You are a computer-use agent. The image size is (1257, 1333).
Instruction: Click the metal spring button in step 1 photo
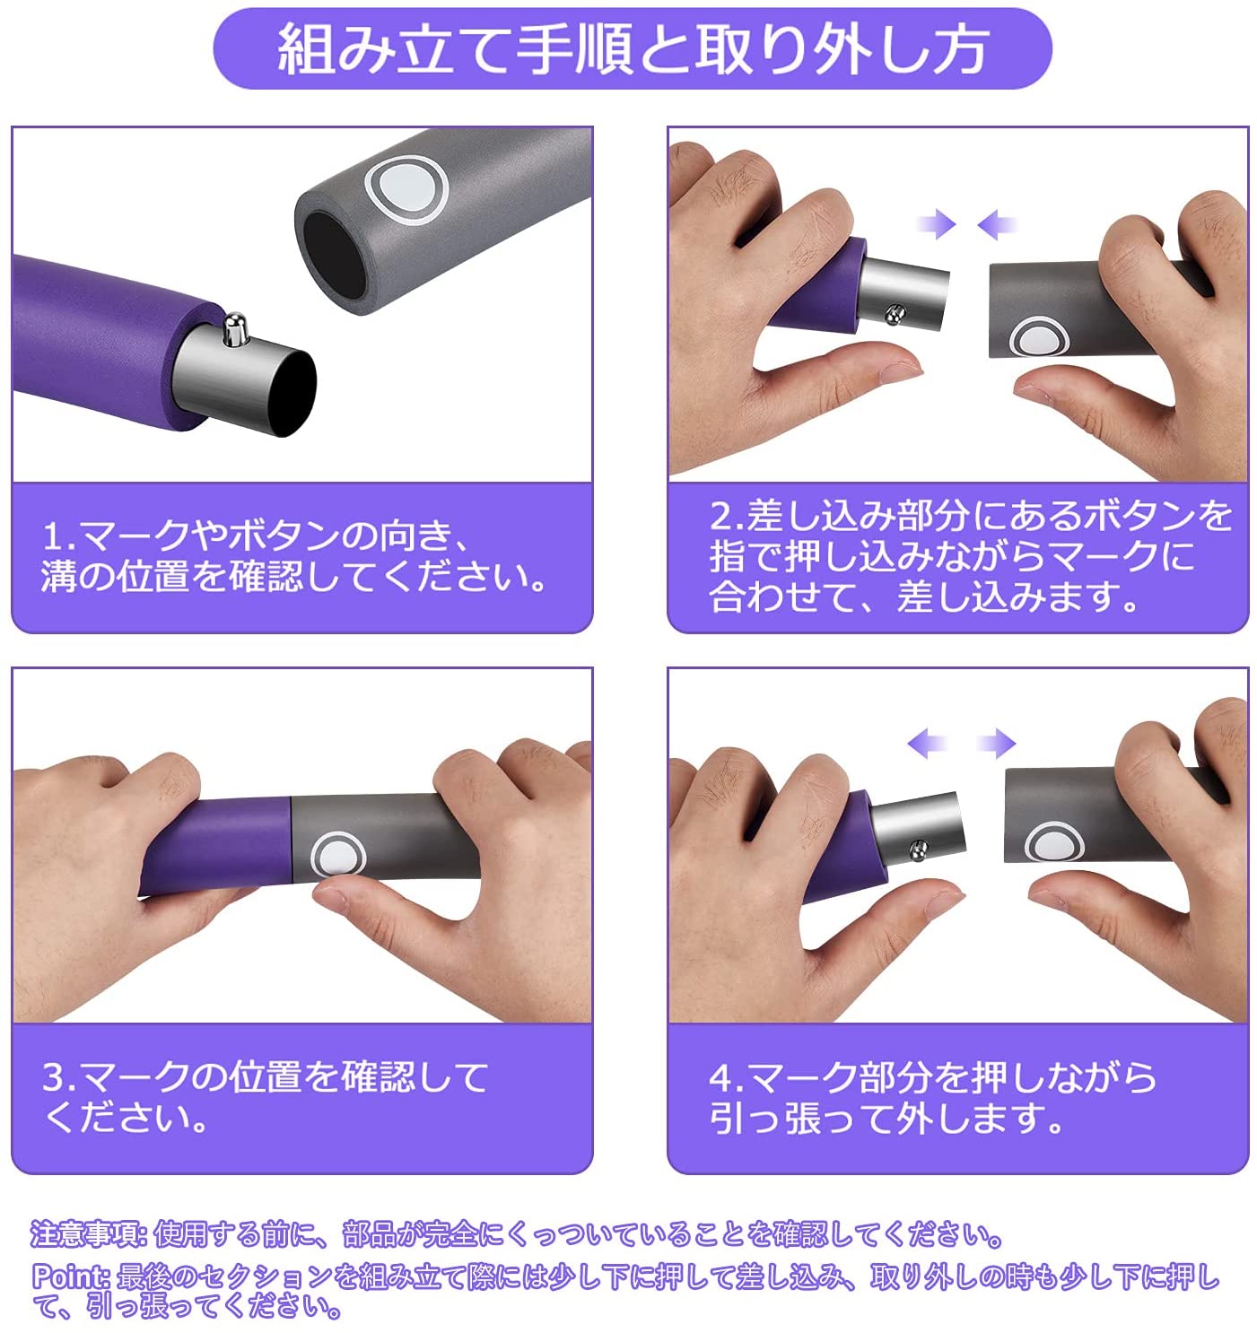pyautogui.click(x=233, y=329)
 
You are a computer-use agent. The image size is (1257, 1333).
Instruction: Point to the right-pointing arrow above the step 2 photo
pyautogui.click(x=937, y=223)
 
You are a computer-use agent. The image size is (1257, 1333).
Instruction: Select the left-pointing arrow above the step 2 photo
pyautogui.click(x=997, y=223)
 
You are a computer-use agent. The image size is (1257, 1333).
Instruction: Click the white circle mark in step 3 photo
pyautogui.click(x=337, y=856)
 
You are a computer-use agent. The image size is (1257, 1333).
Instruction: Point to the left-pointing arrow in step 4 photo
pyautogui.click(x=928, y=743)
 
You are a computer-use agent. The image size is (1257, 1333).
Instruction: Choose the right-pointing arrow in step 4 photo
pyautogui.click(x=996, y=743)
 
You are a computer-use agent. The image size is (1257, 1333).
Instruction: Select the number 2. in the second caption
pyautogui.click(x=728, y=516)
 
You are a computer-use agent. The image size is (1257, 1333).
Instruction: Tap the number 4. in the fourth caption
pyautogui.click(x=728, y=1078)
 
